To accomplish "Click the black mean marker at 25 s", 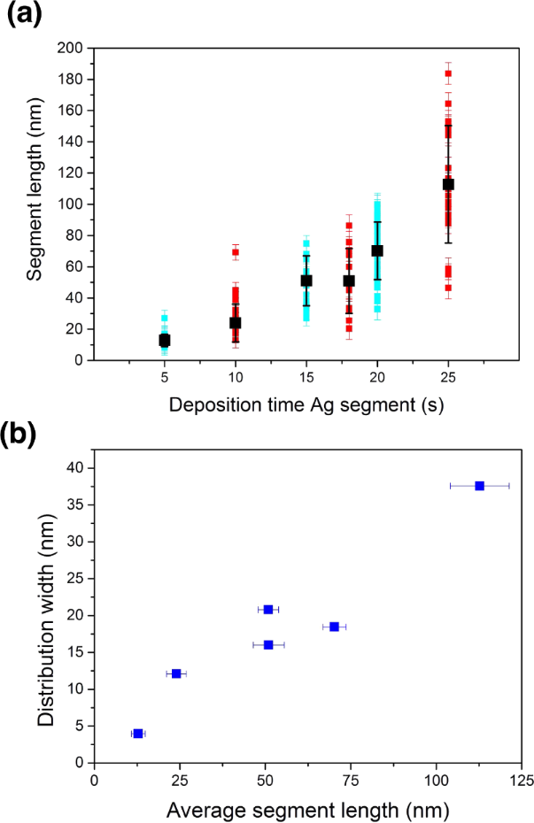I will [448, 184].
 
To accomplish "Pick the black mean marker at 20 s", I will [377, 250].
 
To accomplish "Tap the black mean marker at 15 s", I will [306, 281].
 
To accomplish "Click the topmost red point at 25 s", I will [448, 73].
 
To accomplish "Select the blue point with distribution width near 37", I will [479, 486].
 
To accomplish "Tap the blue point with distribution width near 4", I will [137, 734].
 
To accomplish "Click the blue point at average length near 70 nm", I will [334, 627].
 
